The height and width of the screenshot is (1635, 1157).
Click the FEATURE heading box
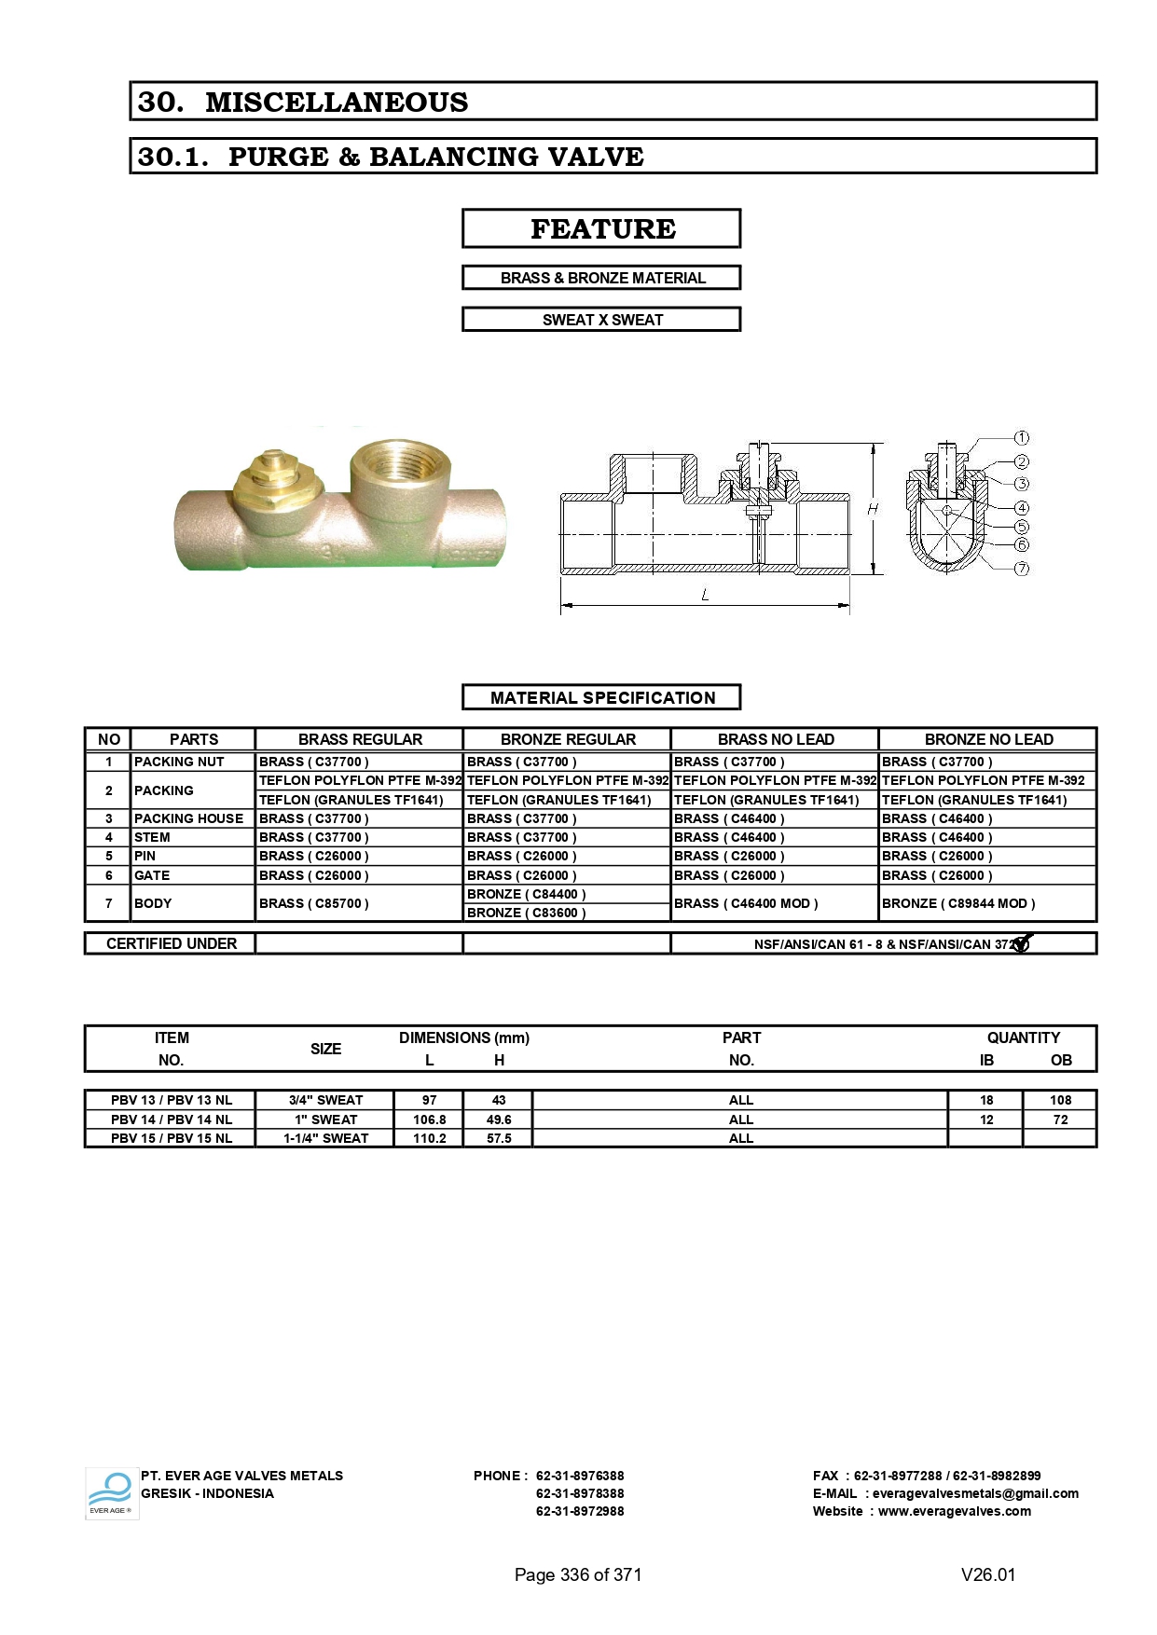pyautogui.click(x=601, y=228)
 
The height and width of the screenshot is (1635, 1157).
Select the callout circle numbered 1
pyautogui.click(x=1022, y=437)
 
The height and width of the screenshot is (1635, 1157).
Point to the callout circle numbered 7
pyautogui.click(x=1022, y=569)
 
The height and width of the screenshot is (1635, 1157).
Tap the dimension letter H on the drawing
pyautogui.click(x=873, y=509)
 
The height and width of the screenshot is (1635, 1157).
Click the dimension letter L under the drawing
pyautogui.click(x=705, y=595)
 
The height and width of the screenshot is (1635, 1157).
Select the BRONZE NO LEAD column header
pyautogui.click(x=988, y=739)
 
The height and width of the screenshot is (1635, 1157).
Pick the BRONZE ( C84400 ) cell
pyautogui.click(x=526, y=894)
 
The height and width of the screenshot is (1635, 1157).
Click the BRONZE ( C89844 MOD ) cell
pyautogui.click(x=958, y=903)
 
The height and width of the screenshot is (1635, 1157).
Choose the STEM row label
pyautogui.click(x=152, y=837)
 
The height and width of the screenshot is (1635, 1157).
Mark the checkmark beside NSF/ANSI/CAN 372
pyautogui.click(x=1022, y=943)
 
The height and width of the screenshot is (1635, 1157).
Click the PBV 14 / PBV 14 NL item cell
pyautogui.click(x=171, y=1120)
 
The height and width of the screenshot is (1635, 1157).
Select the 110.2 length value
pyautogui.click(x=429, y=1138)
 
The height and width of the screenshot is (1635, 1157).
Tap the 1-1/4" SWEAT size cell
pyautogui.click(x=325, y=1138)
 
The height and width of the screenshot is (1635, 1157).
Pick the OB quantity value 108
pyautogui.click(x=1060, y=1100)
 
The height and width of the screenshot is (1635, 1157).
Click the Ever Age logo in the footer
pyautogui.click(x=111, y=1493)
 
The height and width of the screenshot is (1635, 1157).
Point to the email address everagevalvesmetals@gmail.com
pyautogui.click(x=975, y=1493)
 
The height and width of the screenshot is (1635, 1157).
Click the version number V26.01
pyautogui.click(x=987, y=1574)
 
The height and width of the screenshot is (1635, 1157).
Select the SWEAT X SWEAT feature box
pyautogui.click(x=601, y=320)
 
